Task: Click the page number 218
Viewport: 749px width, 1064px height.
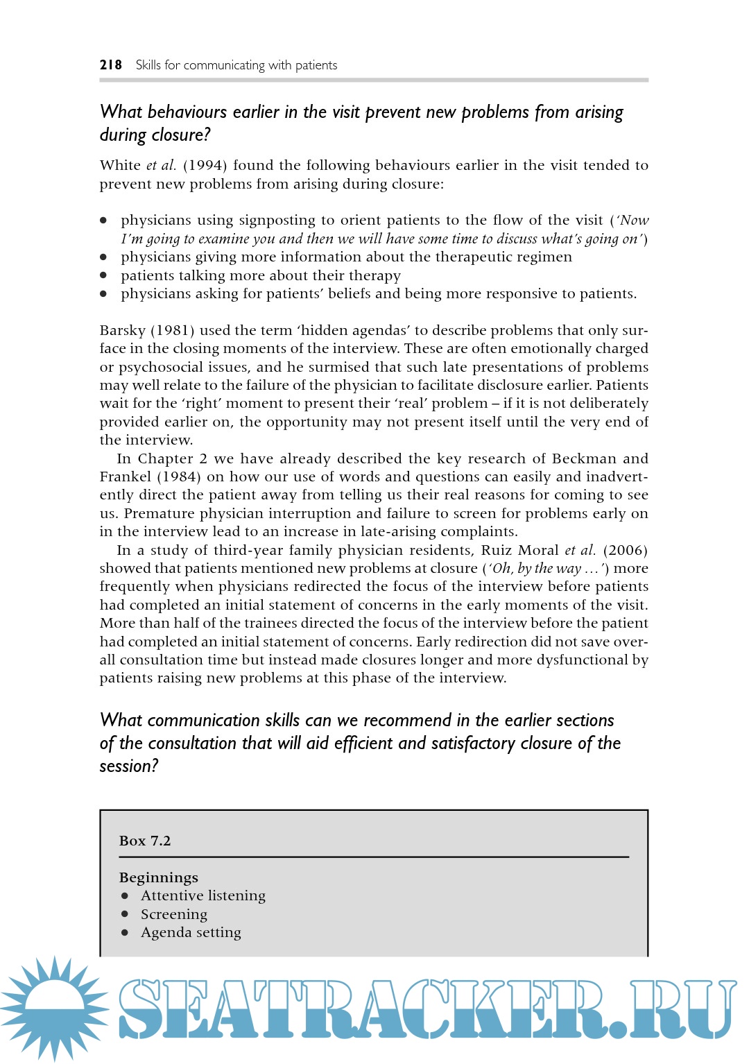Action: [x=110, y=65]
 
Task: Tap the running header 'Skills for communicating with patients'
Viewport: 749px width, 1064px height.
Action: [x=236, y=65]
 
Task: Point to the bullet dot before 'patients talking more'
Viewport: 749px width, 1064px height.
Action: [x=103, y=275]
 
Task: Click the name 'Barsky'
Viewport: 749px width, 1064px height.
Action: [x=122, y=330]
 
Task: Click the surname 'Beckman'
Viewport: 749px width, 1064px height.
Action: [x=583, y=458]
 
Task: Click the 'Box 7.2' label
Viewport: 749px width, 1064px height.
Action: [x=145, y=841]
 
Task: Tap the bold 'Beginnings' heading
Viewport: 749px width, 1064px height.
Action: [x=159, y=877]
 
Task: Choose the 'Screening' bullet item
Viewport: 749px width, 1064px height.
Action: [x=174, y=914]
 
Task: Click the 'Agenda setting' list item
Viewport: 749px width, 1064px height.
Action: [x=191, y=932]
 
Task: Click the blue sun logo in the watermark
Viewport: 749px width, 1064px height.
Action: [x=54, y=1007]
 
